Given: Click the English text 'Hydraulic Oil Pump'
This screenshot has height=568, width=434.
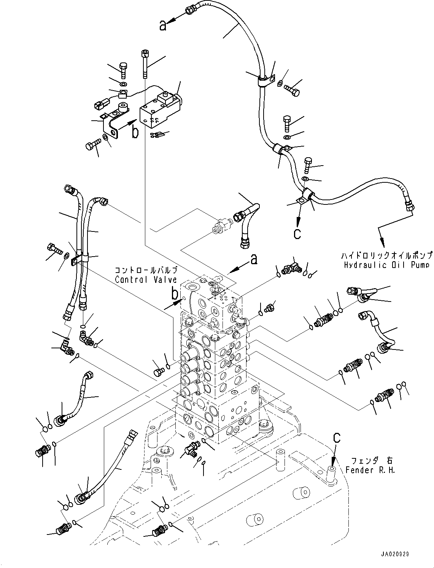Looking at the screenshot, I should coord(387,265).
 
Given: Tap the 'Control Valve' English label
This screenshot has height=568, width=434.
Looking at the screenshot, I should coord(146,279).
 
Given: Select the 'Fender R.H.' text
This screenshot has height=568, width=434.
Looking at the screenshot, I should coord(370,470).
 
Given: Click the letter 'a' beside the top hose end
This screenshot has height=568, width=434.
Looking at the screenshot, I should coord(163,26).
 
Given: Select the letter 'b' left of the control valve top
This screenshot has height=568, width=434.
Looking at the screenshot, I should coord(174,294).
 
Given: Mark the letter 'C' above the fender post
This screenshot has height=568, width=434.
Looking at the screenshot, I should coord(336,439).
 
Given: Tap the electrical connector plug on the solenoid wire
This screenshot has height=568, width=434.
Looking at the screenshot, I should coord(100,104).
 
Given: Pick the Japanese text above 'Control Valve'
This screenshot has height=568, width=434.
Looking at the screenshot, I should coord(146,270).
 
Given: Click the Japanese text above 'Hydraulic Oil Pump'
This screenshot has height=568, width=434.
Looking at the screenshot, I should coord(387,255).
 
